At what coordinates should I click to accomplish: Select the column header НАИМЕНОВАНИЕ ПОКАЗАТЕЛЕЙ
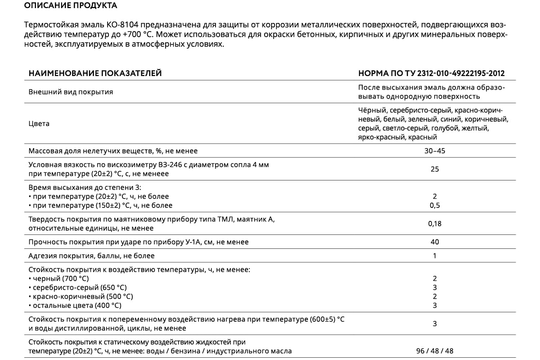[95, 73]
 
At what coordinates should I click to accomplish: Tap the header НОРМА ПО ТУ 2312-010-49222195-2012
[431, 73]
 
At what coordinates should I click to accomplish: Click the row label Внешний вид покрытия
[71, 92]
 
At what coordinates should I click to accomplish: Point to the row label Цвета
[39, 124]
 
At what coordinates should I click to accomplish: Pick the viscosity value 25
[434, 169]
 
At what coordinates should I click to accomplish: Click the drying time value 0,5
[434, 206]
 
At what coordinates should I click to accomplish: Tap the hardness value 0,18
[434, 224]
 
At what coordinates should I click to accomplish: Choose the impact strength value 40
[434, 242]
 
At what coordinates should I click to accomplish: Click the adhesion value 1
[434, 256]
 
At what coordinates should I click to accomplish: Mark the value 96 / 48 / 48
[434, 351]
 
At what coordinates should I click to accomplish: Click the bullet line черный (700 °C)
[58, 279]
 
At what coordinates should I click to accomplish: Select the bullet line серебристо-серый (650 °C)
[77, 288]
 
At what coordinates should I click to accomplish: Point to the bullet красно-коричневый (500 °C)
[81, 297]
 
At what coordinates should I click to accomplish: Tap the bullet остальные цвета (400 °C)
[75, 306]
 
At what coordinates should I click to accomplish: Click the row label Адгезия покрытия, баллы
[91, 256]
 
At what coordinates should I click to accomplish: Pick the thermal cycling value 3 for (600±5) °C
[434, 324]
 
